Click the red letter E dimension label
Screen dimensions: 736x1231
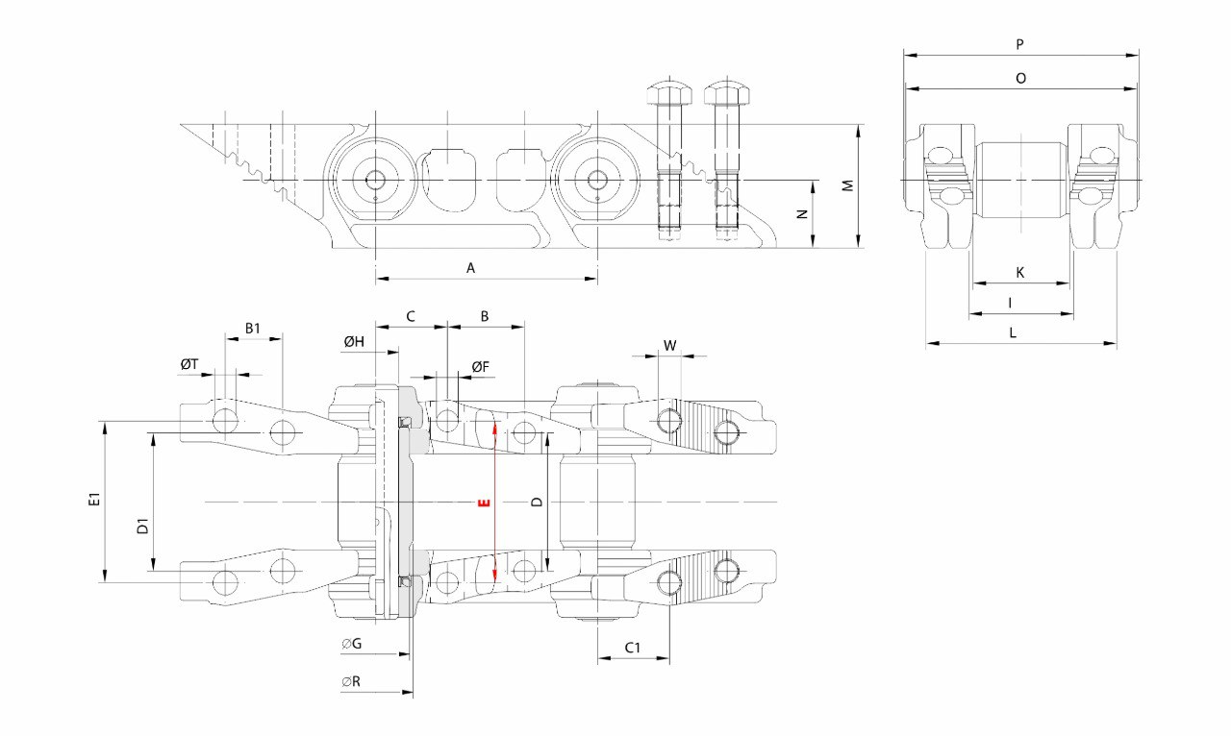(x=484, y=502)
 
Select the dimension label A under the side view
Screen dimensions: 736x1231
(x=471, y=268)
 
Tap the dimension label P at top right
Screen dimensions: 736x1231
(x=1019, y=44)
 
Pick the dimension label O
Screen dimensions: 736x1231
(x=1020, y=78)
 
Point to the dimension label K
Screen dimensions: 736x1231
(x=1020, y=273)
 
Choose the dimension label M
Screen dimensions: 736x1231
(x=848, y=184)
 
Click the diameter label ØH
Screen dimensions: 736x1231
(x=353, y=342)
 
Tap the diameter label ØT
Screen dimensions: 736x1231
(x=189, y=364)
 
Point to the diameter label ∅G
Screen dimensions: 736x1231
(x=351, y=644)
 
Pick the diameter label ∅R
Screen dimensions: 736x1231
(x=351, y=681)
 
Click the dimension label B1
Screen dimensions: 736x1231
(x=252, y=328)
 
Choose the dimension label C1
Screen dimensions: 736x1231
(x=633, y=648)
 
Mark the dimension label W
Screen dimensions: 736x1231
(x=669, y=345)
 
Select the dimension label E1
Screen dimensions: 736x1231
(x=93, y=500)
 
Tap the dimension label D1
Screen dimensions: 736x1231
(x=141, y=527)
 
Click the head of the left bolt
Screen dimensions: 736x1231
(x=666, y=93)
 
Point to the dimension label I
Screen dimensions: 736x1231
(x=1010, y=303)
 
